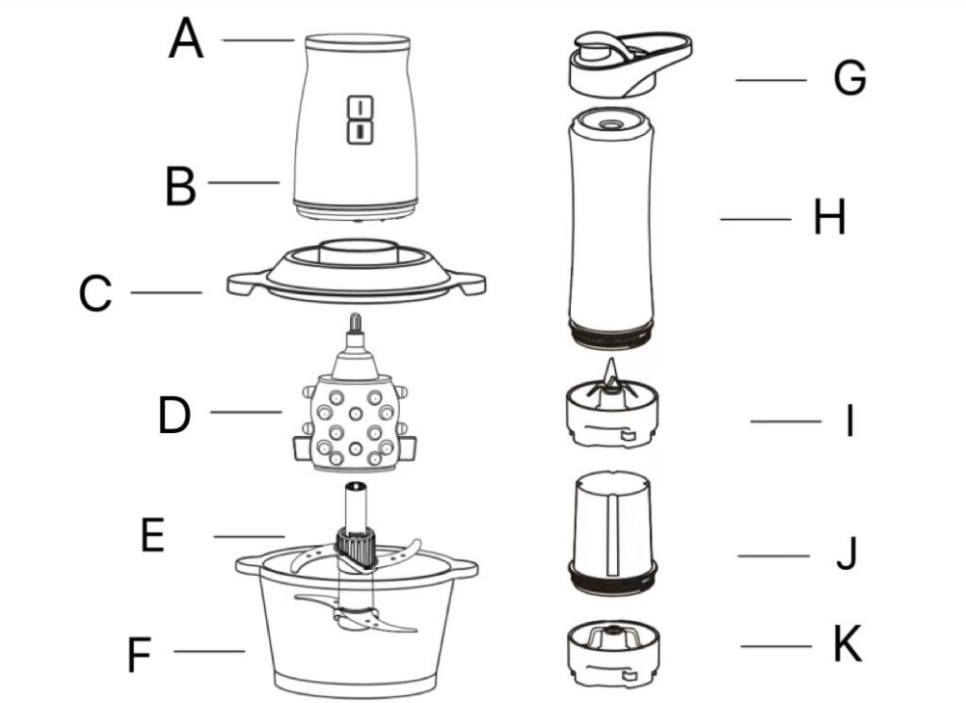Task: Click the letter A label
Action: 185,39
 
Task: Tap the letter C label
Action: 95,293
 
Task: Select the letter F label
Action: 139,655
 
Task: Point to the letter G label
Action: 849,78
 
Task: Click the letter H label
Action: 829,217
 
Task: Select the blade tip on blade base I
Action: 610,370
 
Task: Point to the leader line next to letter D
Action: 246,412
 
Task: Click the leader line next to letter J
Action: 774,555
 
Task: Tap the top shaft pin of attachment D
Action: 356,323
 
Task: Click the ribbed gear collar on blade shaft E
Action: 356,547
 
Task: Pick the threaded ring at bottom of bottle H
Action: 610,335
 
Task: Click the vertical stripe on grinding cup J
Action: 611,535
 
